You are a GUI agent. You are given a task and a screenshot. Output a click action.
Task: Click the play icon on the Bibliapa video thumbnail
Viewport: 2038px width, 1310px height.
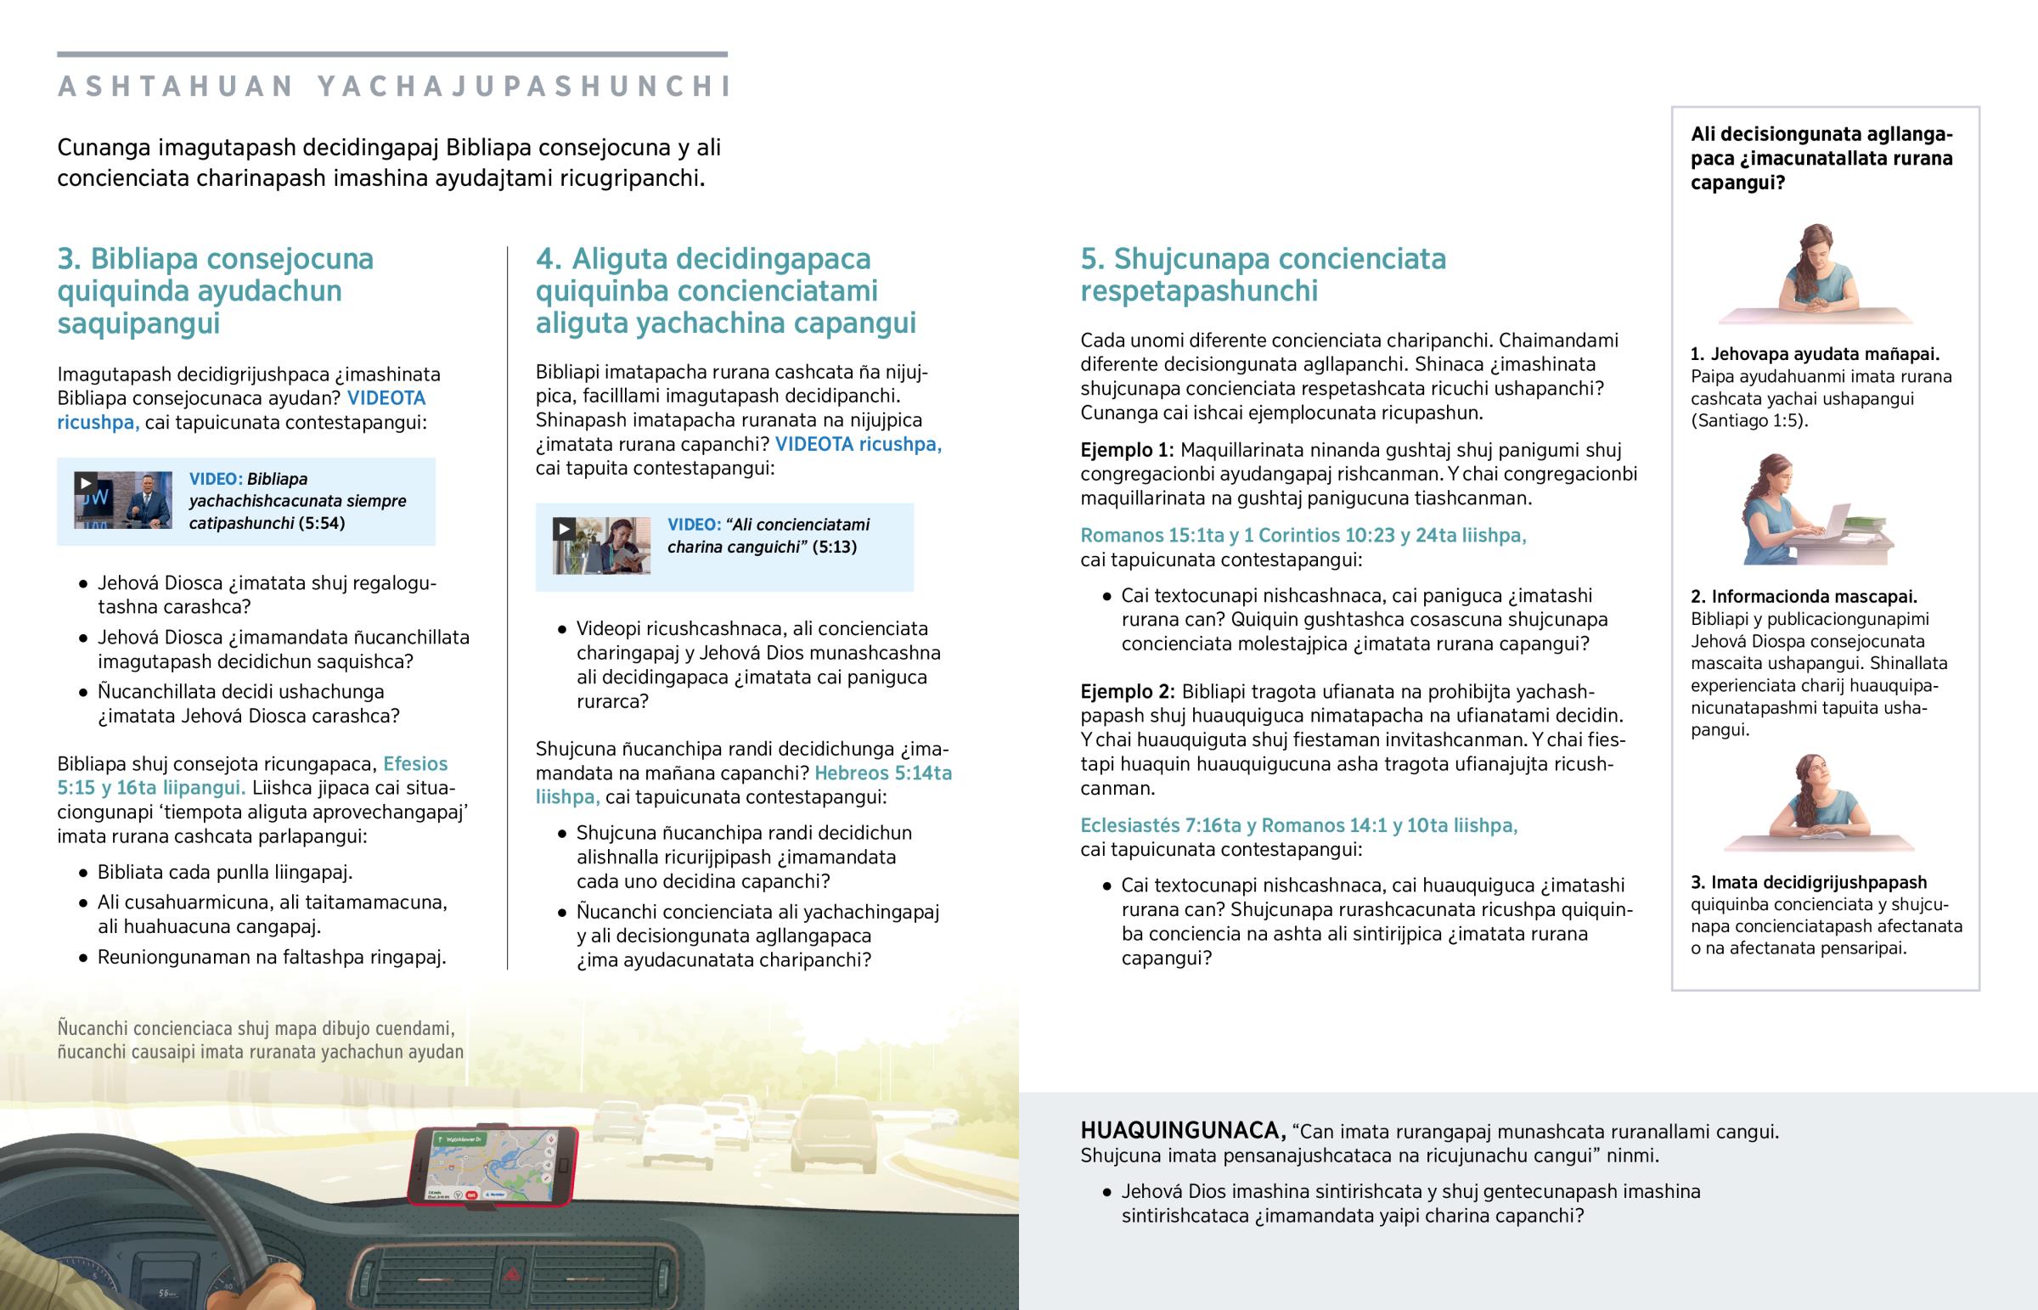tap(85, 483)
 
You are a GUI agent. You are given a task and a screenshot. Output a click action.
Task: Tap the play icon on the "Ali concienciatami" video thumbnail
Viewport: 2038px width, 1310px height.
tap(563, 529)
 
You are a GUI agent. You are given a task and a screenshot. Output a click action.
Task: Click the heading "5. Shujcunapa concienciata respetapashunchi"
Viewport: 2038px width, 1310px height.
tap(1262, 274)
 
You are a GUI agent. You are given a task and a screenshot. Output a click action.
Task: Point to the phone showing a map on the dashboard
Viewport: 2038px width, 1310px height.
tap(493, 1166)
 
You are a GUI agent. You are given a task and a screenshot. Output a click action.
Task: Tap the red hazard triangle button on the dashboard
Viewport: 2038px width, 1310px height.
tap(514, 1274)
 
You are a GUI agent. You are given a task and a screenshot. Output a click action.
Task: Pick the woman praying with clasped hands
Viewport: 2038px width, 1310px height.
tap(1816, 273)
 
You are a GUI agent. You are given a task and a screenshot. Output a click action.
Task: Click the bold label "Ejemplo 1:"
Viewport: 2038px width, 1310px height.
tap(1126, 450)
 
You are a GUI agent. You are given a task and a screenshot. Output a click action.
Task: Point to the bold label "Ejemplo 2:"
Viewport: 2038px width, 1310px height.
tap(1127, 692)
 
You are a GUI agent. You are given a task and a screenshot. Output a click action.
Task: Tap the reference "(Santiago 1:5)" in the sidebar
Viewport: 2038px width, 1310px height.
tap(1747, 420)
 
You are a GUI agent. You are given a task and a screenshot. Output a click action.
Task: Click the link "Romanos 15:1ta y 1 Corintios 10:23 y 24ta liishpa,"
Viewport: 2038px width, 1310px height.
tap(1303, 535)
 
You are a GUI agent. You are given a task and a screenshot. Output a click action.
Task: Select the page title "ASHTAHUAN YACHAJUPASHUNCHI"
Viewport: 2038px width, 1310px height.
tap(393, 86)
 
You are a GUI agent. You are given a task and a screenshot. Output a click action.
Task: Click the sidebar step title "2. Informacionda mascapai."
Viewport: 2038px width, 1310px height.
tap(1804, 596)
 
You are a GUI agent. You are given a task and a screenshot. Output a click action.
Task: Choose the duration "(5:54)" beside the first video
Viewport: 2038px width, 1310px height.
tap(322, 523)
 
